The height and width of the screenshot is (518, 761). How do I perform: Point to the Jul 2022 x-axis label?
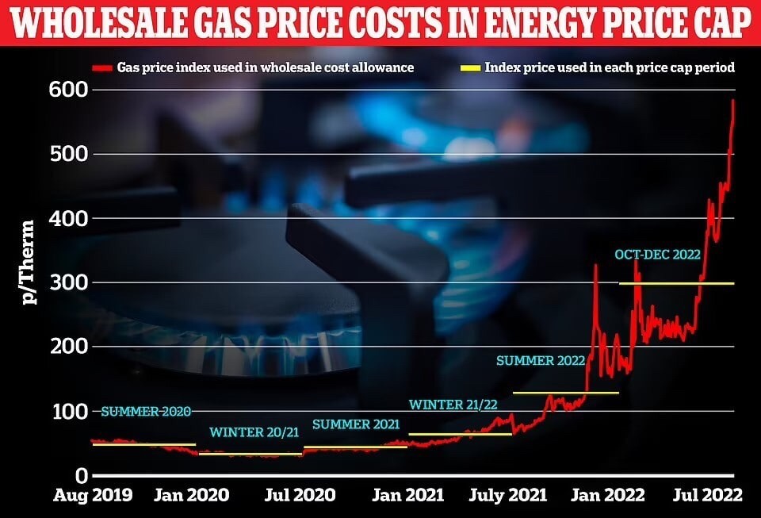pos(707,495)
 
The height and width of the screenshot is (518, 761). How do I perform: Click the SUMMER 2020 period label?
pos(146,411)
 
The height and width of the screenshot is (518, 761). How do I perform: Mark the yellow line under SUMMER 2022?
pos(565,393)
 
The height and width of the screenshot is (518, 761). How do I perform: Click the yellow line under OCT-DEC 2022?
pos(676,283)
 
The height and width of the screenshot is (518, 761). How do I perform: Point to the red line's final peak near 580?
pos(733,101)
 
